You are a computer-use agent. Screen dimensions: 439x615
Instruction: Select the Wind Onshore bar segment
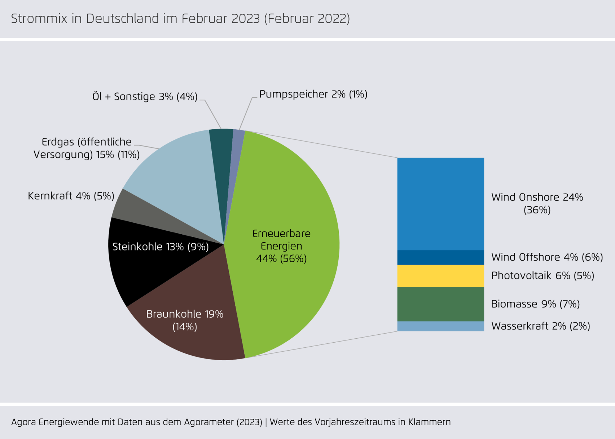(x=440, y=204)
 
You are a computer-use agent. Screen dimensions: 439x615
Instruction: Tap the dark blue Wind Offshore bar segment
(x=440, y=257)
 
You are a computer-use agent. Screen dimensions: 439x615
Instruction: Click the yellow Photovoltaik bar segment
(x=440, y=276)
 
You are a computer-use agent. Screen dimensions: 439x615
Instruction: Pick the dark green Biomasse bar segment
(x=440, y=304)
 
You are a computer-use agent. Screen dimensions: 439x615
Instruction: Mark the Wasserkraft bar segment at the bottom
(x=440, y=326)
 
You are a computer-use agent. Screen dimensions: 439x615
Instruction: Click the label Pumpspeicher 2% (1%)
(x=313, y=94)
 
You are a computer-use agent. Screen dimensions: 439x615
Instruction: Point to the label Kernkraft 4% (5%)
(x=71, y=196)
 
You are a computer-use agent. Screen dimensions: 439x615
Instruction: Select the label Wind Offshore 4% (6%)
(x=547, y=257)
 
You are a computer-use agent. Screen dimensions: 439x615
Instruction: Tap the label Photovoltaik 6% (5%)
(x=542, y=276)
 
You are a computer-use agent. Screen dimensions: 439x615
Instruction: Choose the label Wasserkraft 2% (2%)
(x=540, y=326)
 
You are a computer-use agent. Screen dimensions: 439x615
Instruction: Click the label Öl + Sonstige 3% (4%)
(x=145, y=97)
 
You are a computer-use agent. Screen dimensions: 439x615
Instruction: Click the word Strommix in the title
(x=39, y=19)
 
